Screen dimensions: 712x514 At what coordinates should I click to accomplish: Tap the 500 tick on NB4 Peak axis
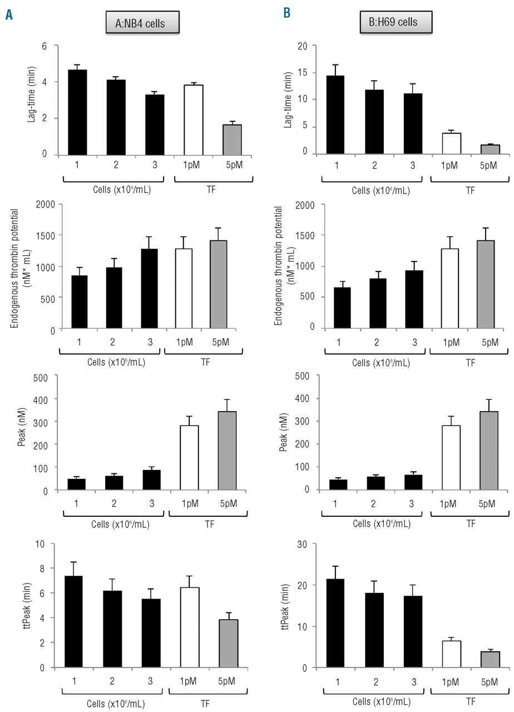tap(47, 376)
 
